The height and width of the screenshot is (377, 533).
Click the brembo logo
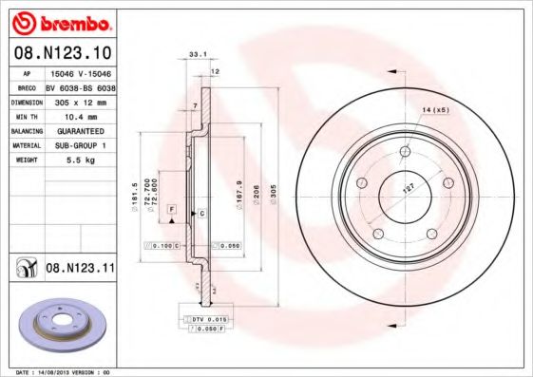(x=61, y=21)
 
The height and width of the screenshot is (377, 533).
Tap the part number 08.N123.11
(x=80, y=270)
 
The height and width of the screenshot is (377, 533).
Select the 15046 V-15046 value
(x=79, y=72)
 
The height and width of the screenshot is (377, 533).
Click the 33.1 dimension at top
(x=198, y=55)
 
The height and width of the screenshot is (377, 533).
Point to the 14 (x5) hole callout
(x=434, y=111)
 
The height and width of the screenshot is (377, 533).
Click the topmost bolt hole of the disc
(x=406, y=150)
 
